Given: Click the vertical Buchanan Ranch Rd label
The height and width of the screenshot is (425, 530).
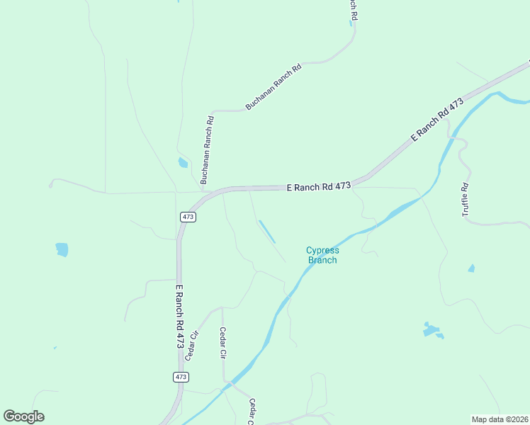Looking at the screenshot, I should [x=207, y=150].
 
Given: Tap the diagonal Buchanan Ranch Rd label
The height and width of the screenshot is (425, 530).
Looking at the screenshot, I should [x=274, y=86].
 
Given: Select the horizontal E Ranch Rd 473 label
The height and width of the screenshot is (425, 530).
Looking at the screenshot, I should [x=319, y=186].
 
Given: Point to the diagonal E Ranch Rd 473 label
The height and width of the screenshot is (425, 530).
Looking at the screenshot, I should [x=436, y=121].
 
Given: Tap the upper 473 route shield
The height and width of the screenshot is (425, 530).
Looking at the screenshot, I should [x=188, y=217].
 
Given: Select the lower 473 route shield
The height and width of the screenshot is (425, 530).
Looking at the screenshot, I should [x=181, y=377].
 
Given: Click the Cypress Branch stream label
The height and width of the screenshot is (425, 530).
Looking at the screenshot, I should [x=322, y=255].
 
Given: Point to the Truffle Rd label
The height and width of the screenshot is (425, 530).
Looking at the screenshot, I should [x=466, y=200].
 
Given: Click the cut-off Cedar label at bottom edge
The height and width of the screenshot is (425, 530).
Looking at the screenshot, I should [x=252, y=411].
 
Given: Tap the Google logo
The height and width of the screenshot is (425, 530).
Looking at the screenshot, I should [x=24, y=416].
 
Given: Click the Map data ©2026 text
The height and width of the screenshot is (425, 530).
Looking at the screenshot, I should [x=500, y=419].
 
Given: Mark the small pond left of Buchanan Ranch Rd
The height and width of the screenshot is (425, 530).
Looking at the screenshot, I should [x=183, y=163].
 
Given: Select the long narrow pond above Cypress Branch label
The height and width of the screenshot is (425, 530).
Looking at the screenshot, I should [x=267, y=231].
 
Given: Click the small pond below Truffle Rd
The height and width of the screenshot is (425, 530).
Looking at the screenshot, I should [x=471, y=268].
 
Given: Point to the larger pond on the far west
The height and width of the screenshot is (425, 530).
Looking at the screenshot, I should [x=62, y=249].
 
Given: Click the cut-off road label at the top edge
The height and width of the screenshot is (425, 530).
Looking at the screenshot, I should [x=351, y=8].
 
